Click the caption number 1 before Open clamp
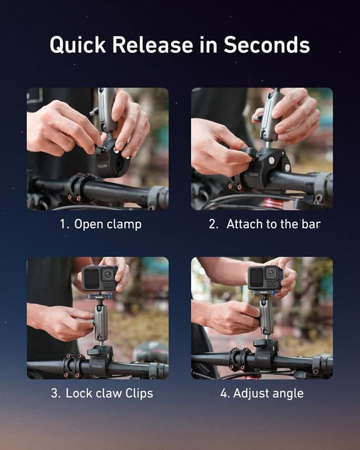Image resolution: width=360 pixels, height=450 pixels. pos(64,224)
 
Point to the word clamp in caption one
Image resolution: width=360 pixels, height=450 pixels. pos(123,224)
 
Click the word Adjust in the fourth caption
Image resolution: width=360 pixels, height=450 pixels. pos(251,393)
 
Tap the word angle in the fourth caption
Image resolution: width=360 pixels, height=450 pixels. pos(288,393)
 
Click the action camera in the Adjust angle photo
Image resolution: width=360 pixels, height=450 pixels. pos(264,277)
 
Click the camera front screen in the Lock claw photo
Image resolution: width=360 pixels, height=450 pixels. pos(91,277)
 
